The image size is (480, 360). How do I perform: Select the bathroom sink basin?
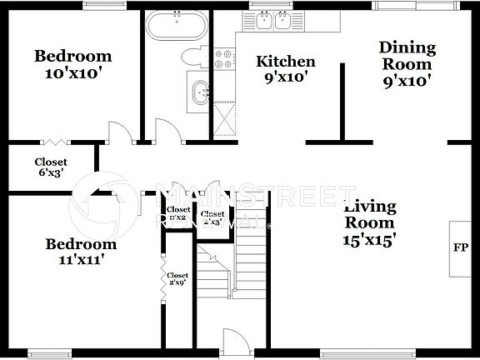199,92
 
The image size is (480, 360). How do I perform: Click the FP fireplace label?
459,248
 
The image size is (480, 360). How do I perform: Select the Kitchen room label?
285,62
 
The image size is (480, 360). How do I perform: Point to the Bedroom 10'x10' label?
72,64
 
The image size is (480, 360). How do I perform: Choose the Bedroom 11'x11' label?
81,252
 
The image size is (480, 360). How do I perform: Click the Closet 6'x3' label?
51,167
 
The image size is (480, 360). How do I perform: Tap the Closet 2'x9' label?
177,279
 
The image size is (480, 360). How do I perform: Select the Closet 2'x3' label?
212,218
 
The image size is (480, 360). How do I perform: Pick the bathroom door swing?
167,132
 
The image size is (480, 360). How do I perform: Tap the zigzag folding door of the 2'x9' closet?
161,272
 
